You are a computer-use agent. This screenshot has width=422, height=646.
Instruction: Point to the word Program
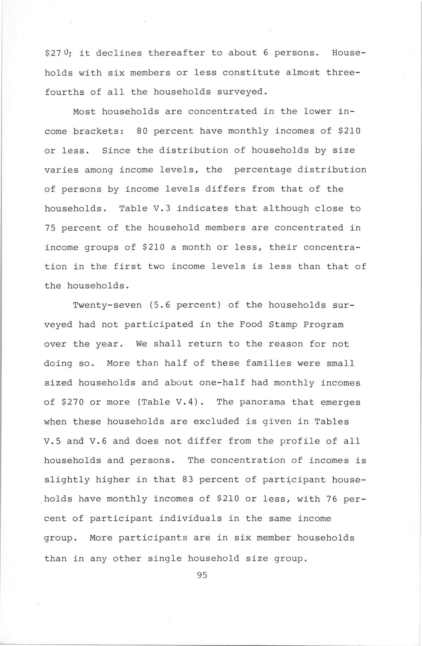(x=323, y=325)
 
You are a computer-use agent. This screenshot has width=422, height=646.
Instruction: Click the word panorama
(x=262, y=402)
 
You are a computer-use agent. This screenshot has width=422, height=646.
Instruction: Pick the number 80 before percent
(x=142, y=131)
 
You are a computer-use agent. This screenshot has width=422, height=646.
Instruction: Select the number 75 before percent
(x=50, y=228)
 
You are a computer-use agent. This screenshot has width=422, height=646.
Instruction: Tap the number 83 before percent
(x=188, y=480)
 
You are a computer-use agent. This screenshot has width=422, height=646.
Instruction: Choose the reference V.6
(x=98, y=441)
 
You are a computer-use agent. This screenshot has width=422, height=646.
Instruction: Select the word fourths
(x=65, y=92)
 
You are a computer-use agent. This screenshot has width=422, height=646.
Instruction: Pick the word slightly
(x=67, y=480)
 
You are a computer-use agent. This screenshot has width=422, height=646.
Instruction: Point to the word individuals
(x=190, y=519)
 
